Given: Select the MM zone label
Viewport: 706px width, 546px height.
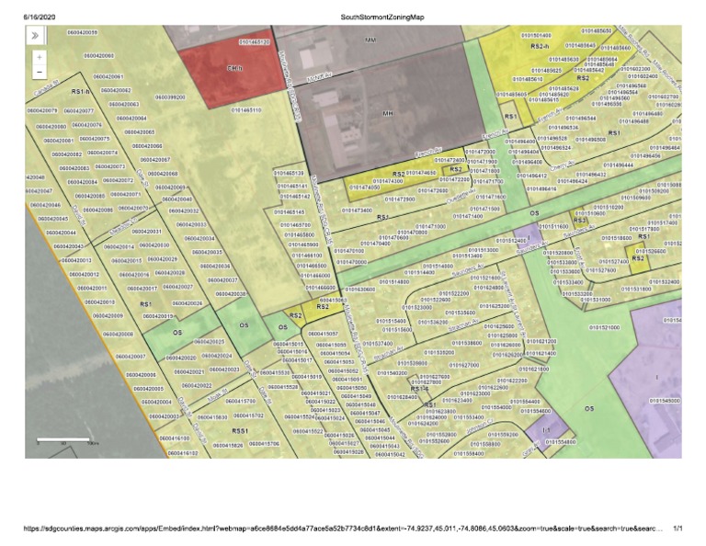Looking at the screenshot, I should [x=370, y=41].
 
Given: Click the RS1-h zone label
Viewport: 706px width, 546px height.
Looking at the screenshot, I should [x=80, y=92].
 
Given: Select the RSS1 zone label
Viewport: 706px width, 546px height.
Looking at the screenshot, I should [x=241, y=429].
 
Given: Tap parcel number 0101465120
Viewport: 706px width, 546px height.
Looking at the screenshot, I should [x=253, y=42].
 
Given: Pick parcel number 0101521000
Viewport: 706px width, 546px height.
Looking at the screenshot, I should [x=604, y=326].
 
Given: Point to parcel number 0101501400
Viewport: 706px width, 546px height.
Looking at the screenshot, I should [x=536, y=36].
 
